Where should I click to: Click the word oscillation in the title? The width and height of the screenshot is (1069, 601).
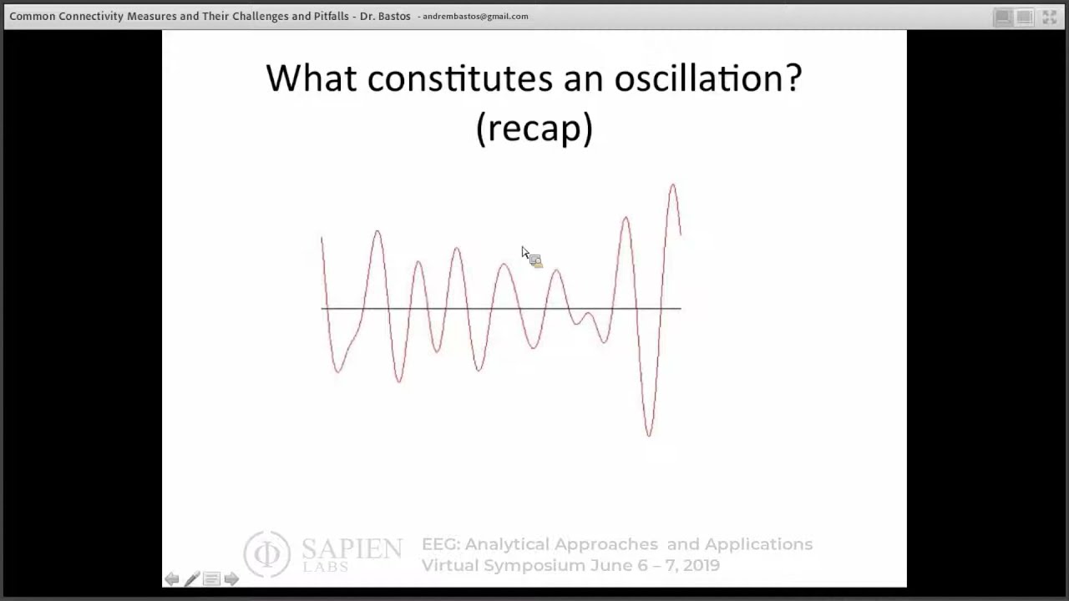pos(707,78)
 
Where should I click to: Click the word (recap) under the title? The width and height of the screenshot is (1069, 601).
pos(534,128)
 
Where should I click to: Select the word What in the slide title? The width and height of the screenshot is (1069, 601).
pos(312,78)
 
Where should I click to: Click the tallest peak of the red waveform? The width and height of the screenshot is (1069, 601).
pos(672,186)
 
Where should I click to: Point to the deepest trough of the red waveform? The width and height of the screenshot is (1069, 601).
pos(649,434)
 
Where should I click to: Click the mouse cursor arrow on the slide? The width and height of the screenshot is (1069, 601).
pos(525,253)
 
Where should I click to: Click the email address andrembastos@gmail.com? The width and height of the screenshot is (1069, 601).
pos(475,16)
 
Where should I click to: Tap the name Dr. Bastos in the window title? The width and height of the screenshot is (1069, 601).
pos(385,16)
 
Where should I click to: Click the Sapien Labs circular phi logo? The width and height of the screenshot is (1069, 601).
pos(267,553)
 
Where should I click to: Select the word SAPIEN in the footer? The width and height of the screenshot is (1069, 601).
pos(352,548)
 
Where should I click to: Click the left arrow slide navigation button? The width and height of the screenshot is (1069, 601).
pos(172,578)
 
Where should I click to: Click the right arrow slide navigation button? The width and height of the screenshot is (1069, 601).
pos(231,578)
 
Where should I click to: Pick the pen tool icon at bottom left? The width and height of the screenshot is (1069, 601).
pos(192,578)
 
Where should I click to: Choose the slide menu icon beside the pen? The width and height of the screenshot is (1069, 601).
pos(211,578)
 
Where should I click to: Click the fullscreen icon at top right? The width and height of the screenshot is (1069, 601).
pos(1049,17)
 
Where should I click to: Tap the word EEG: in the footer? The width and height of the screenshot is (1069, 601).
pos(440,544)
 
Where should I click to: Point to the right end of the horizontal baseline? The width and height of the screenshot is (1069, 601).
pos(680,309)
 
